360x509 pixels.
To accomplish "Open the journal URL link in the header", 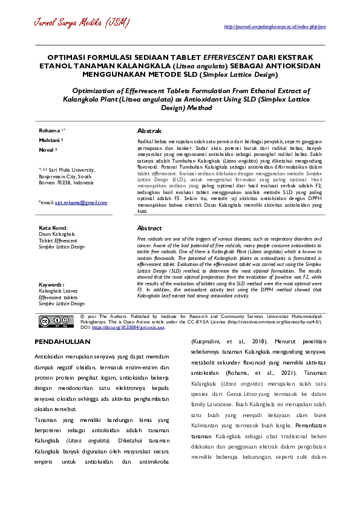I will pyautogui.click(x=275, y=27).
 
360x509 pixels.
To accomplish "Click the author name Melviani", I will pyautogui.click(x=50, y=139).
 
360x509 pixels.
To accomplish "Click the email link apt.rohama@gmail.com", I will pyautogui.click(x=81, y=203).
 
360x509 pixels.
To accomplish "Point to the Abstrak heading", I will pyautogui.click(x=149, y=131).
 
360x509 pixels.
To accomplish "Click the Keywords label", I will pyautogui.click(x=51, y=284).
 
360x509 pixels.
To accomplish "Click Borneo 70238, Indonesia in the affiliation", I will pyautogui.click(x=66, y=182).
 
